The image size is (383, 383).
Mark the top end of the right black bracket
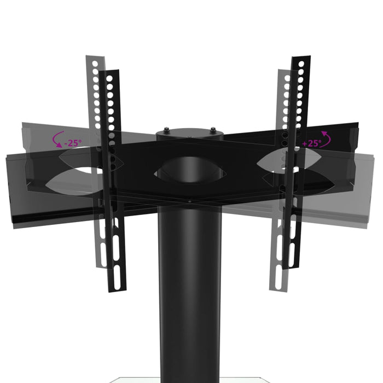pos(301,59)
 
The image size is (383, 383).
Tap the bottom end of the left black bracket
pos(118,287)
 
